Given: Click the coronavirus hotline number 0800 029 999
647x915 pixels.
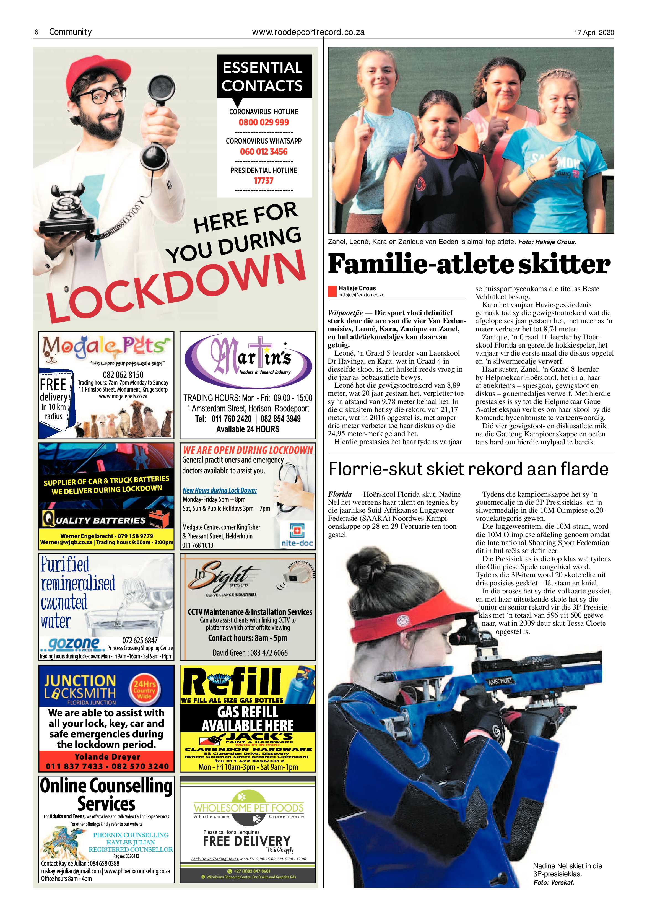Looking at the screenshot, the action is (x=263, y=122).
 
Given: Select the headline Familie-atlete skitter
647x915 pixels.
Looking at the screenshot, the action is (x=469, y=264).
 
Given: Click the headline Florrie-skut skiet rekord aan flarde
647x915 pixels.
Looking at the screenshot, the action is (x=468, y=469).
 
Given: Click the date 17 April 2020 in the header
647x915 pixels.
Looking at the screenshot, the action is (x=594, y=33).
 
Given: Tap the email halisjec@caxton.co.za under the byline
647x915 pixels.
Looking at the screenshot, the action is (x=361, y=295).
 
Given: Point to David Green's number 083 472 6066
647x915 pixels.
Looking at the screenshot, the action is (x=250, y=653).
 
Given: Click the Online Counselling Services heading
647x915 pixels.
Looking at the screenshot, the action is (x=106, y=794).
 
